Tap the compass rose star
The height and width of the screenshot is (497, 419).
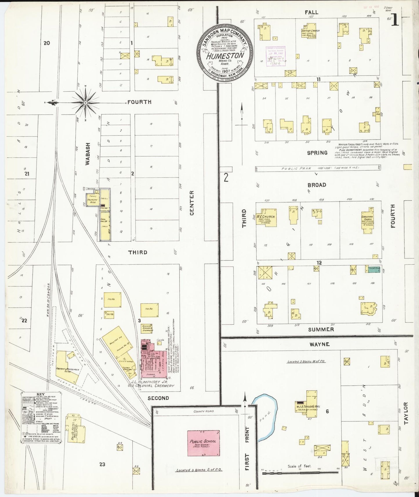tap(86, 103)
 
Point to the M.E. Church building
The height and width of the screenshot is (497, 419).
tap(266, 218)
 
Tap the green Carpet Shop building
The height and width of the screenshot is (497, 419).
tap(373, 269)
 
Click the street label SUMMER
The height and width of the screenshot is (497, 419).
tap(321, 329)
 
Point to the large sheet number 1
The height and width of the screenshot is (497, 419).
tap(395, 21)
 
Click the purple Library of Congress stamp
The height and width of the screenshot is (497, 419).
tap(275, 56)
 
